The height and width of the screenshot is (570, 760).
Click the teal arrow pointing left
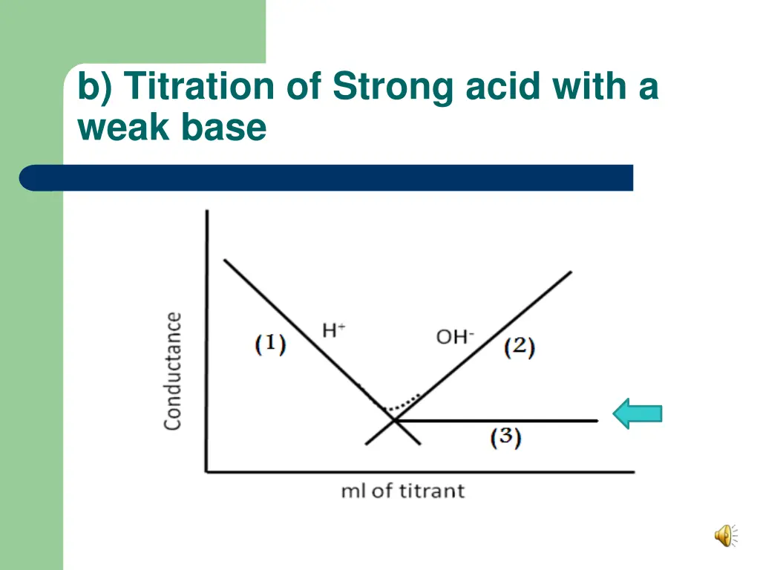637,413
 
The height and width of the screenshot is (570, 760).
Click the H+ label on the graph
333,330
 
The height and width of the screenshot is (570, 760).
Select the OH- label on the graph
454,336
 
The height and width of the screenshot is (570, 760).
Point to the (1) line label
270,344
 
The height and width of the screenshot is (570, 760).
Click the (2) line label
520,347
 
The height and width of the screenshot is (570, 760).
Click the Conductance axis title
173,370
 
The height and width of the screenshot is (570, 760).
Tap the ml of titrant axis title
402,491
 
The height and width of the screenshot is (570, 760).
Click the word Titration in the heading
199,87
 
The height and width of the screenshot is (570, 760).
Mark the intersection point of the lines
393,421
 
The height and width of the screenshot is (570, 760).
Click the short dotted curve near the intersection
403,402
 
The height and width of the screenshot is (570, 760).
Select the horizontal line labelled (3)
505,421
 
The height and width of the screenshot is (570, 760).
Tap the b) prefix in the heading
96,87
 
